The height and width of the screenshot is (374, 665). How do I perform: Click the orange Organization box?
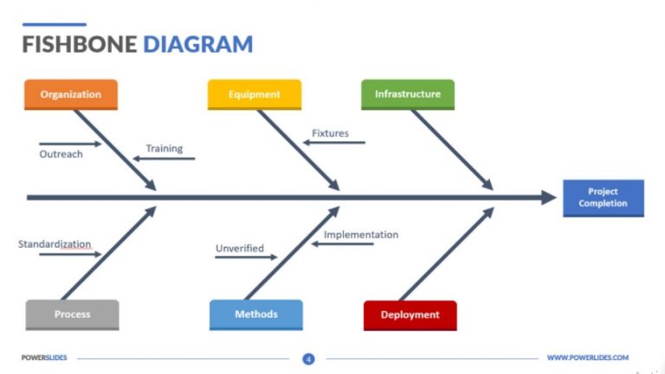coord(71,94)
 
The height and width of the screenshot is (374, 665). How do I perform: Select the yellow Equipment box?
coord(255,94)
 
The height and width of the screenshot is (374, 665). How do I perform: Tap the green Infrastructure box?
coord(407,93)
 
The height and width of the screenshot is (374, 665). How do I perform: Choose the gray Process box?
coord(72,314)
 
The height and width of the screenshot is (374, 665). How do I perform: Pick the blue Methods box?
coord(256,314)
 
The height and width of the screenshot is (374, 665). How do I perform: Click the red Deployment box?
coord(410,315)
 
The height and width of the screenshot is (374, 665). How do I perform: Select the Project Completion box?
coord(603,197)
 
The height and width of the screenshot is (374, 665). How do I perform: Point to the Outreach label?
coord(61,154)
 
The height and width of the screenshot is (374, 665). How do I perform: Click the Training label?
coord(164,148)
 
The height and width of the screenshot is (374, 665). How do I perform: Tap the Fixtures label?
coord(330,133)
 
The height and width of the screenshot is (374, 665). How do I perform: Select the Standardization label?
coord(55,244)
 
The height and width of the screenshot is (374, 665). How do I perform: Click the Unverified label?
coord(240,248)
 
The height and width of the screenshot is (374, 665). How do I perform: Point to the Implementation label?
coord(361,235)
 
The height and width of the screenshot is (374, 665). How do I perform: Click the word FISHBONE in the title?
coord(79,44)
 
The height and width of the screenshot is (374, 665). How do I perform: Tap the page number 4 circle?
coord(308,358)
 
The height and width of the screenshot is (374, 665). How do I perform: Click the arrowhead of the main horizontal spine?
coord(549,197)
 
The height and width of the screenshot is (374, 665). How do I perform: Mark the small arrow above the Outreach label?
coord(70,144)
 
